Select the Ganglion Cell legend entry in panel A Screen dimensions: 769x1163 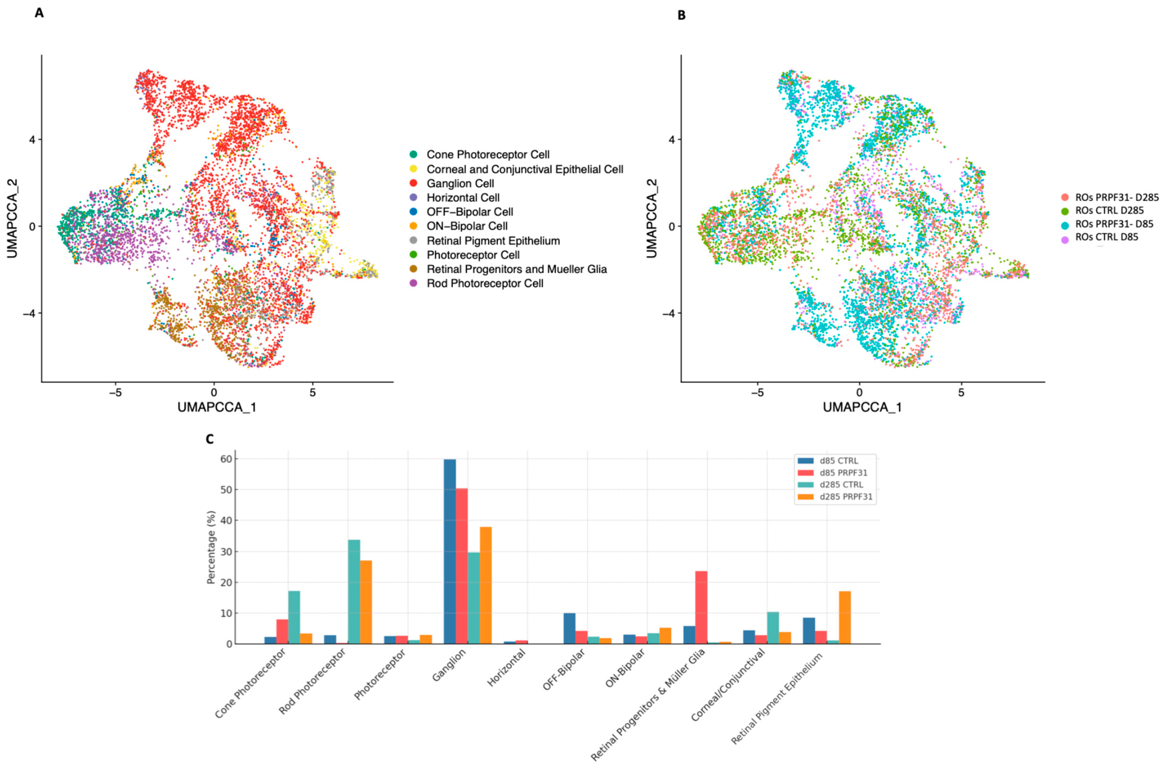pyautogui.click(x=460, y=184)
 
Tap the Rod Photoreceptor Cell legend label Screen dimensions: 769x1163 pyautogui.click(x=484, y=284)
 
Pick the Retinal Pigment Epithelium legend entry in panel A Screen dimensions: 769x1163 pyautogui.click(x=493, y=241)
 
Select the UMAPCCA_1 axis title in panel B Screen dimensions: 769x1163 pyautogui.click(x=862, y=407)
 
